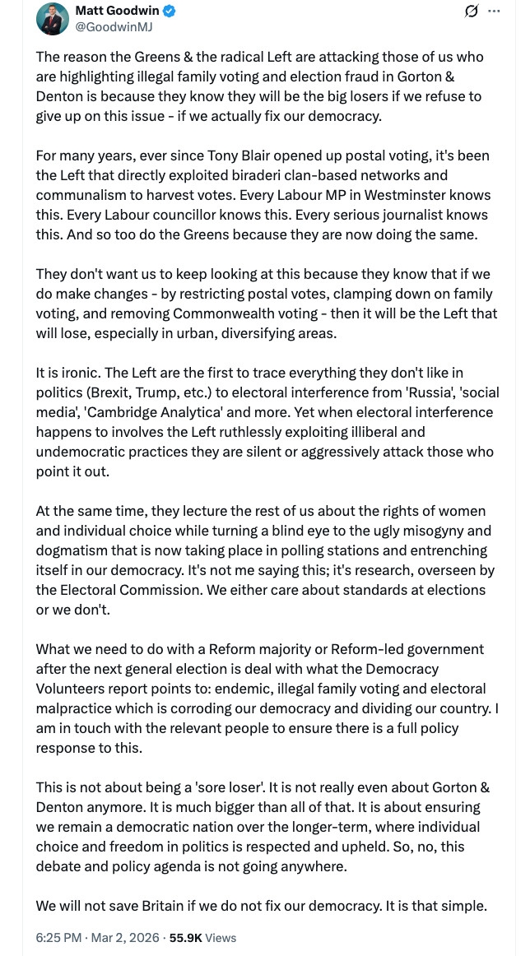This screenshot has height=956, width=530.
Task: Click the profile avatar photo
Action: tap(52, 18)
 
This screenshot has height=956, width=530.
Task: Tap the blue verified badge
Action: tap(168, 12)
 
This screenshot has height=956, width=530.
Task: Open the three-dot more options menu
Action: tap(494, 11)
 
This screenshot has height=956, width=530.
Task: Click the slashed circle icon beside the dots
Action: tap(472, 11)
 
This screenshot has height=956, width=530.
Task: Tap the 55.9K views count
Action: tap(184, 937)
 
